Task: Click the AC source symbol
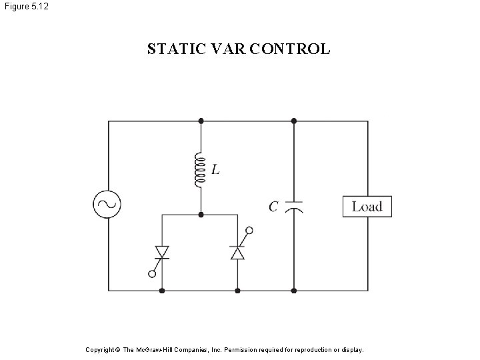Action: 107,205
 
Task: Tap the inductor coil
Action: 199,170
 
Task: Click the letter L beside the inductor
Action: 215,170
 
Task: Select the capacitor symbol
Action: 294,206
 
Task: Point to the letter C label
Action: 273,207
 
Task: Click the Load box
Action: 367,206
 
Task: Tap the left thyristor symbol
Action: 162,253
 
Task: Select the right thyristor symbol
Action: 238,253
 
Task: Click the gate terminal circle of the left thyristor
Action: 153,273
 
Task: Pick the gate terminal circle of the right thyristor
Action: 249,231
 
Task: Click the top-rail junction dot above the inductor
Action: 201,121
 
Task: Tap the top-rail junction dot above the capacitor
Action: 294,121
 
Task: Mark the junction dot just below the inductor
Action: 201,215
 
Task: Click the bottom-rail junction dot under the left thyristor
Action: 162,291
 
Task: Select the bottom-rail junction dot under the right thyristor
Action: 238,291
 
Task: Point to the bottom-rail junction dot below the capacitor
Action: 294,291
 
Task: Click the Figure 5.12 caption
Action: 25,6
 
